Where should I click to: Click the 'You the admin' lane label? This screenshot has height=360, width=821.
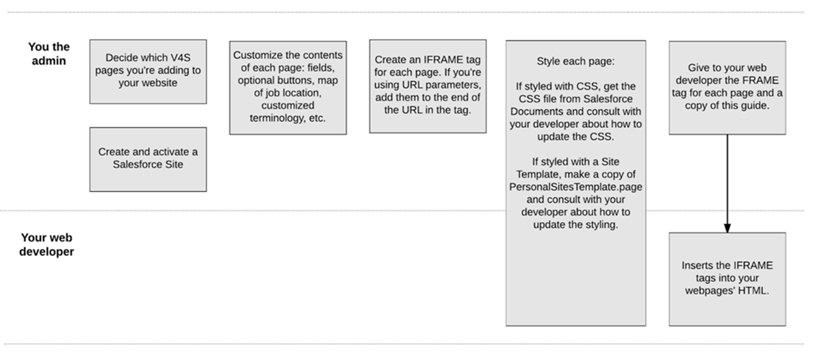[49, 53]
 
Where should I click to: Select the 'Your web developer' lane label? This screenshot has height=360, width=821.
[47, 244]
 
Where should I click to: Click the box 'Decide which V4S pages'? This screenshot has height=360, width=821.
[148, 72]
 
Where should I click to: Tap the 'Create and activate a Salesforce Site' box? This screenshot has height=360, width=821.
[148, 159]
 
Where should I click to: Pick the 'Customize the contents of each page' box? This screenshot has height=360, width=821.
[288, 88]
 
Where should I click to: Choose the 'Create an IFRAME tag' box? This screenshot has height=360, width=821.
[428, 86]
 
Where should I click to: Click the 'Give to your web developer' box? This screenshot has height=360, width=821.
[727, 88]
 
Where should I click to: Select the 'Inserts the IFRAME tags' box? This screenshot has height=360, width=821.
[727, 279]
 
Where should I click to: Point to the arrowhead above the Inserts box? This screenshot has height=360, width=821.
[727, 228]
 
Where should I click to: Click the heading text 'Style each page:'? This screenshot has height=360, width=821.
[576, 61]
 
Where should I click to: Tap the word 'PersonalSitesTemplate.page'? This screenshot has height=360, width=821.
[576, 187]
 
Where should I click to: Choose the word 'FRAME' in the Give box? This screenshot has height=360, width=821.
[761, 80]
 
